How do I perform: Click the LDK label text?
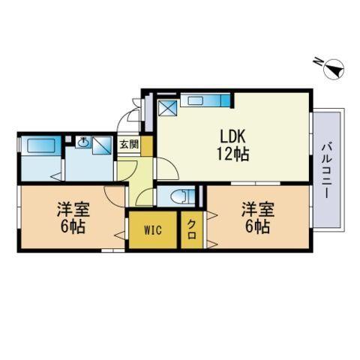232,136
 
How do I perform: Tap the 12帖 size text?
232,154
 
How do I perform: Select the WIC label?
153,230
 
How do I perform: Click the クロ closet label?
191,229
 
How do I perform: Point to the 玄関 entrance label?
129,145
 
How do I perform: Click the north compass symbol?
332,67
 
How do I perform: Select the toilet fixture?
183,196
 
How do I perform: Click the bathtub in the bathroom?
41,145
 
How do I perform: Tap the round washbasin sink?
83,142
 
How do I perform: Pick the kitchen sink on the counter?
196,100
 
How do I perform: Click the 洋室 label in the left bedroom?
73,209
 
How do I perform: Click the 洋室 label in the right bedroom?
258,209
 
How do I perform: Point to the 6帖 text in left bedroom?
73,226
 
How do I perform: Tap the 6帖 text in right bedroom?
257,226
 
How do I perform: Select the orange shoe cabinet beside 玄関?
147,146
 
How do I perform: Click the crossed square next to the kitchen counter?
167,108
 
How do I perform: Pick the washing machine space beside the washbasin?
102,145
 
